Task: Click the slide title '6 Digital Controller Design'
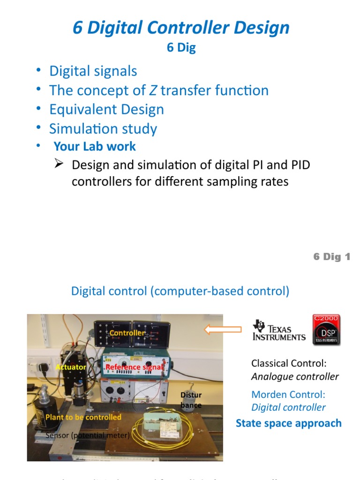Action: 181,28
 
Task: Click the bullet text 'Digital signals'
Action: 93,71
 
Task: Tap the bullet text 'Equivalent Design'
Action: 106,110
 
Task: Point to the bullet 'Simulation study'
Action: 103,129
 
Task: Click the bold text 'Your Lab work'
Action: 95,146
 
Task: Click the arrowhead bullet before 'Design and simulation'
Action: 59,164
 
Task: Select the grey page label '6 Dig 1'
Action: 331,257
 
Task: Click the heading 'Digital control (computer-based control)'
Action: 180,291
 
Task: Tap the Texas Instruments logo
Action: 279,330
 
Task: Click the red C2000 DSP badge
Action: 326,330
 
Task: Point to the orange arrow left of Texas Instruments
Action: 223,330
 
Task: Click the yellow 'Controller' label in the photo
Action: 127,333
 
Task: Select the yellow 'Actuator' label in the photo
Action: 71,367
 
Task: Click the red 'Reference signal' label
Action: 135,367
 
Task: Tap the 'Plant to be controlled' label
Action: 83,417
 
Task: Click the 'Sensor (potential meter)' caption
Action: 88,435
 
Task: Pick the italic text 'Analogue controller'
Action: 295,376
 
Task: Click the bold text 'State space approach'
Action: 288,423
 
